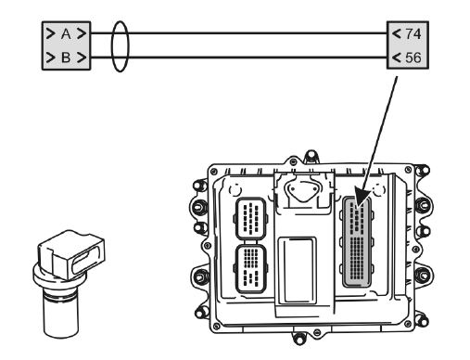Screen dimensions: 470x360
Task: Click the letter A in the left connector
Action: pos(66,33)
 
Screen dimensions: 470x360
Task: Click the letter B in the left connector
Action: pos(66,58)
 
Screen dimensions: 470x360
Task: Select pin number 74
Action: pos(413,33)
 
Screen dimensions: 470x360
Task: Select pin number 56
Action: pos(413,58)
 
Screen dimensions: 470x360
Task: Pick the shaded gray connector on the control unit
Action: pos(357,242)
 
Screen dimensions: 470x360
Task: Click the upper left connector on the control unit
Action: pos(251,219)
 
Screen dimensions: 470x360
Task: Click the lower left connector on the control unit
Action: pos(251,268)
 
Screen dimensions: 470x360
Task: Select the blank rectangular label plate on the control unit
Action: pos(297,270)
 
